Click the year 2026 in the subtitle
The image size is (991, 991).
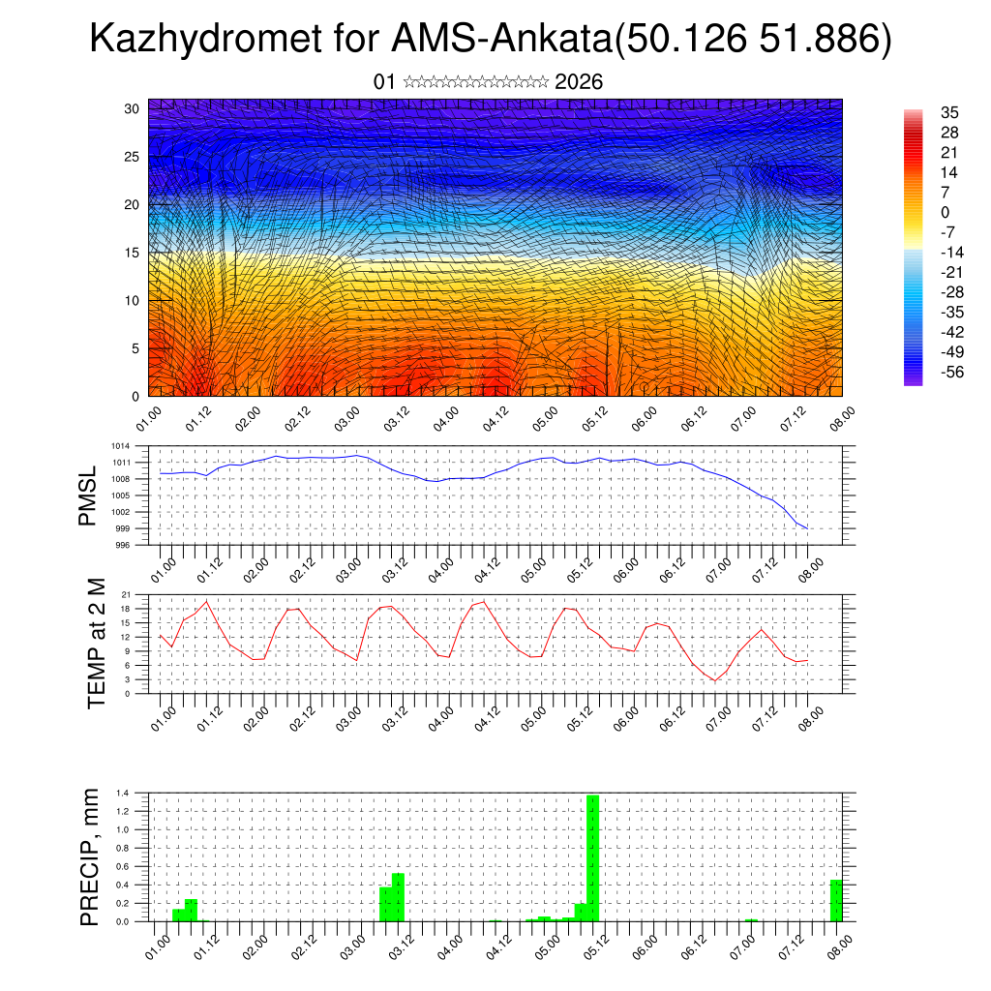click(x=579, y=82)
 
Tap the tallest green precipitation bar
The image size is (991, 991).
click(x=593, y=857)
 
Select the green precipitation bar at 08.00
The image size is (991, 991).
click(x=836, y=900)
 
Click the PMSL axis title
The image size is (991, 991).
click(x=88, y=495)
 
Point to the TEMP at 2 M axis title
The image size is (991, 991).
click(x=96, y=643)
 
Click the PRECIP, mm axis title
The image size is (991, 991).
click(x=90, y=856)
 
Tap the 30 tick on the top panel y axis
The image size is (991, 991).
click(x=132, y=108)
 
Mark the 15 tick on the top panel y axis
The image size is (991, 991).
click(x=132, y=253)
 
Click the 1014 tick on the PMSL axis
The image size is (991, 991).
click(x=120, y=446)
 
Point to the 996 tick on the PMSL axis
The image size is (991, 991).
click(x=123, y=545)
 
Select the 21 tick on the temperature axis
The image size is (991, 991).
click(x=126, y=594)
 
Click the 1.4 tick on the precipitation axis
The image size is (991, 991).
click(x=123, y=794)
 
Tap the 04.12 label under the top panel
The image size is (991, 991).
click(x=494, y=419)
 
